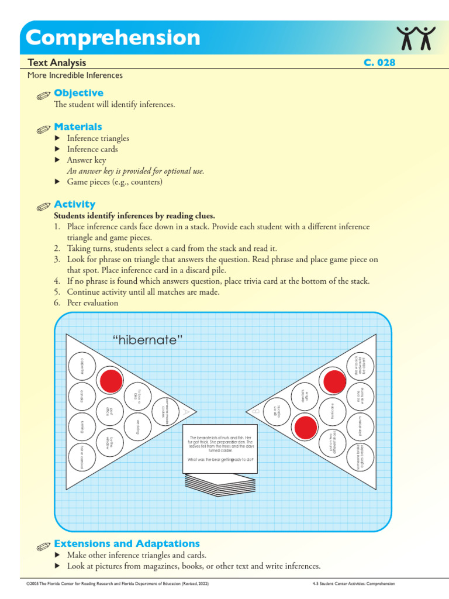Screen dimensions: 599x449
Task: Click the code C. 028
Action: pos(379,63)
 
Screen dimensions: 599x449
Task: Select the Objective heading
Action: pos(78,92)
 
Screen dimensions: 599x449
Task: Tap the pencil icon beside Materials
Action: pos(44,128)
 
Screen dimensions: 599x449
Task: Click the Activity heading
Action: pos(74,204)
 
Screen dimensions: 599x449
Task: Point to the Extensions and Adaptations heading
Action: pos(127,543)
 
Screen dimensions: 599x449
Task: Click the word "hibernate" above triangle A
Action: pos(143,340)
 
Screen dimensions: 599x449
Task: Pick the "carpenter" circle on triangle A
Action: pos(82,366)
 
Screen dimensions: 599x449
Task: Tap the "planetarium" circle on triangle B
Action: pos(360,426)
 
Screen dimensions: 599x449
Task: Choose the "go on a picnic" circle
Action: pos(277,411)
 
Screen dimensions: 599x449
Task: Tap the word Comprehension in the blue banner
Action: pos(113,38)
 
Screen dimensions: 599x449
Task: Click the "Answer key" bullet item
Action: pos(87,160)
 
